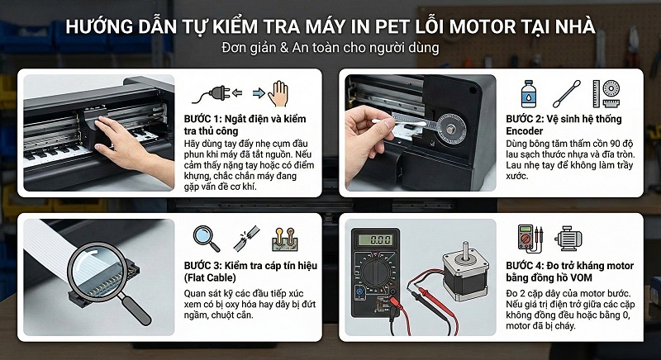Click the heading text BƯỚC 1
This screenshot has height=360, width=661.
[206, 119]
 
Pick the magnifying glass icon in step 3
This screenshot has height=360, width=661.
[206, 239]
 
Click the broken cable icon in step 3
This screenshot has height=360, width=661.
[245, 239]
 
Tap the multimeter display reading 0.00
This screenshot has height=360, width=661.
[380, 239]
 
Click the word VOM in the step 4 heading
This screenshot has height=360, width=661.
[603, 277]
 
